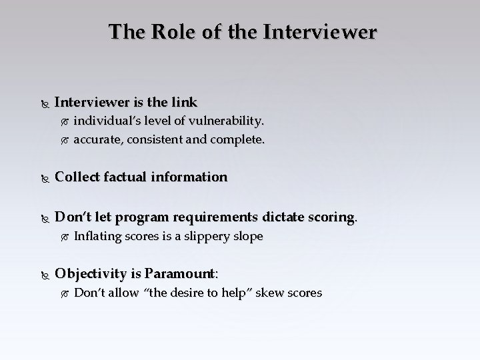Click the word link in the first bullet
tap(184, 103)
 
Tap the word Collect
tap(77, 177)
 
